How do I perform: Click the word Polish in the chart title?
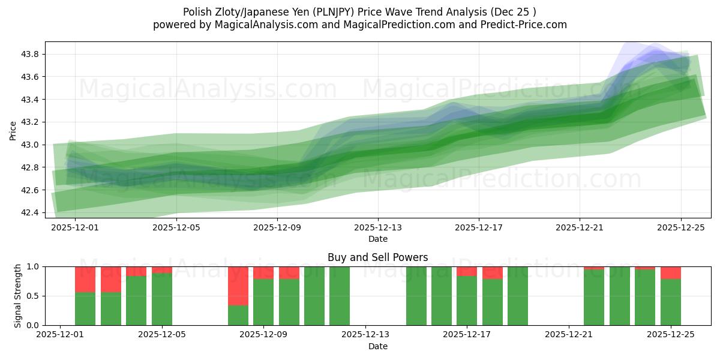pos(196,11)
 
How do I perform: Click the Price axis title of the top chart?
pos(13,130)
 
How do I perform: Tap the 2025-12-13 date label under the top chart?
pos(378,227)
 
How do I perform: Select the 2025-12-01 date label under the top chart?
pos(76,227)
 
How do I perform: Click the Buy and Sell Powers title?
pos(378,257)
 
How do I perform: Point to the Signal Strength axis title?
pos(18,295)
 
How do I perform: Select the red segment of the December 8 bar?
pos(238,286)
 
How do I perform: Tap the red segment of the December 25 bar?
pos(670,272)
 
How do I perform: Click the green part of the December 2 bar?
pos(85,308)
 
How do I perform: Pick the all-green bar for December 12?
pos(340,296)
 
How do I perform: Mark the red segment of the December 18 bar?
pos(493,272)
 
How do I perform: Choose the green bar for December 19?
pos(518,296)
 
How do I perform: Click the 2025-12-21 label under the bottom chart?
pos(569,334)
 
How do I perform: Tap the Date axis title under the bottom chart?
pos(378,346)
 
